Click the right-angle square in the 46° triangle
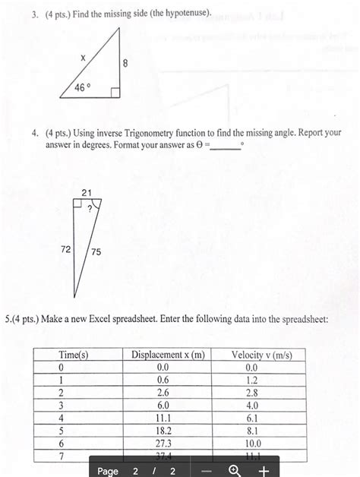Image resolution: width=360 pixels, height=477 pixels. point(115,93)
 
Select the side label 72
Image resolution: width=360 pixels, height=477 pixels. point(66,248)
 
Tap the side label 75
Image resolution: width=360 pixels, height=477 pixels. point(96,251)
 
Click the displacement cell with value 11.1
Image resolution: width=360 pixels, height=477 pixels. point(163,418)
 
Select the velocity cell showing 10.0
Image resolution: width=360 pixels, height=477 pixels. point(252,442)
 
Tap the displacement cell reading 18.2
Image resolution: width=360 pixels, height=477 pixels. point(163,430)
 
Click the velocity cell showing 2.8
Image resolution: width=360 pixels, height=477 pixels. point(252,393)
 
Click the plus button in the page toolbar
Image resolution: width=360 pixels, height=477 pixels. point(263,470)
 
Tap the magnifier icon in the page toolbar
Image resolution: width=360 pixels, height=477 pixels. point(235,470)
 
